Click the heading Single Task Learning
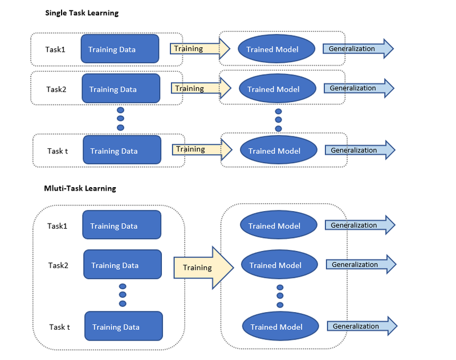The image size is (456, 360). point(82,13)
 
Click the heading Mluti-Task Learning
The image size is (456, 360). point(80,189)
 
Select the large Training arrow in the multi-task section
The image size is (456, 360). point(203,268)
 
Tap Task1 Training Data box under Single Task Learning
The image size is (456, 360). point(120,49)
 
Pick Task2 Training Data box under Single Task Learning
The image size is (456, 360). point(121,88)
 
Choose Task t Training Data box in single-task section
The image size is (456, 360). point(122,150)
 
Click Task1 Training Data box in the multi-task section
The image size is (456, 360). point(122,225)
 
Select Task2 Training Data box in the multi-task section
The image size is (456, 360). point(123,264)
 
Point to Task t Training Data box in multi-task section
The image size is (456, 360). point(124,326)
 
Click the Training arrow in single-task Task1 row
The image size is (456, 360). point(200,48)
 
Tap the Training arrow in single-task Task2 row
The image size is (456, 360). point(201,88)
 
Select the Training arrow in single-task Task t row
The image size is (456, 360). point(202,149)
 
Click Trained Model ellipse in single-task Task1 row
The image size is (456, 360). point(276,49)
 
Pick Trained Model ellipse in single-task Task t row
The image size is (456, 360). point(279,150)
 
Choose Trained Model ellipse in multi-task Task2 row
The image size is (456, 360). point(279,264)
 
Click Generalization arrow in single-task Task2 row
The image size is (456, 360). point(359,88)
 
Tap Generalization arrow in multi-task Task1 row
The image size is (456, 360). point(360,225)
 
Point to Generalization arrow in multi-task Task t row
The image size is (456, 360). point(363,326)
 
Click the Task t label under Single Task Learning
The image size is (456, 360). point(58,151)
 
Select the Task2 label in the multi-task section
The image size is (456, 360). point(58,265)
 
